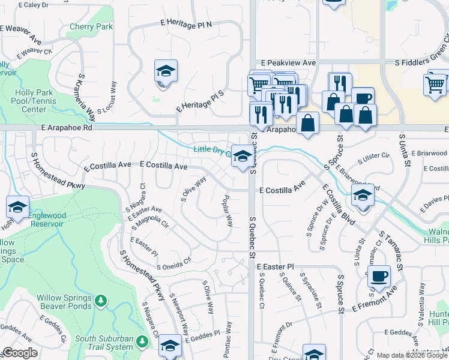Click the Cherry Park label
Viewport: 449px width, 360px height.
(91, 27)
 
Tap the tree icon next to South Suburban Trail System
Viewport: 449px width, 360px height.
(142, 341)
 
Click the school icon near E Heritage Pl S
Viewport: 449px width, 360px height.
(166, 72)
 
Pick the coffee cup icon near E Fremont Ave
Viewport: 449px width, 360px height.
(379, 277)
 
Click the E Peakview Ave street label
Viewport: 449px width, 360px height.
(288, 63)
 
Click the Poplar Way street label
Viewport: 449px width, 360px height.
(228, 210)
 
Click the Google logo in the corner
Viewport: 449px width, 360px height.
(20, 353)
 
